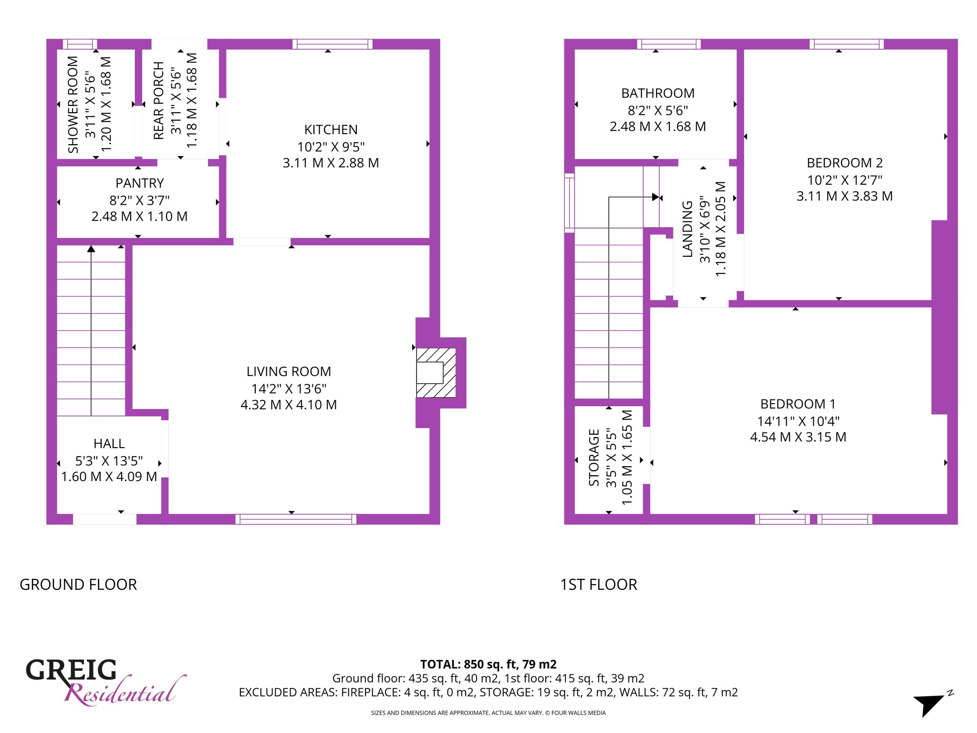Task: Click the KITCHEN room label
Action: [331, 130]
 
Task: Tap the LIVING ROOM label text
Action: [289, 372]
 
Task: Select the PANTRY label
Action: [139, 183]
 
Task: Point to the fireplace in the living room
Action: [436, 373]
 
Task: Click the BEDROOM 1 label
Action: [798, 404]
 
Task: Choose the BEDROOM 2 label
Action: [844, 163]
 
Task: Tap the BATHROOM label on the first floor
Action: [658, 94]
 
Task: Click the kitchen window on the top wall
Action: [332, 44]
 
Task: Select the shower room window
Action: [80, 44]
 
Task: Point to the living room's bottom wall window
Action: [296, 519]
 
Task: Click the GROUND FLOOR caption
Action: [78, 585]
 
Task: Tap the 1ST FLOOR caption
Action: [599, 585]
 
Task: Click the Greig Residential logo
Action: [105, 681]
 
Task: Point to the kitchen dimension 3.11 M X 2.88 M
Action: [331, 163]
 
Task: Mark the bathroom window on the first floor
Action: [669, 44]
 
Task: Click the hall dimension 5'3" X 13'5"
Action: [109, 461]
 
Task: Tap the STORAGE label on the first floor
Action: [594, 457]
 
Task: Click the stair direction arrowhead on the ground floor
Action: [91, 249]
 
